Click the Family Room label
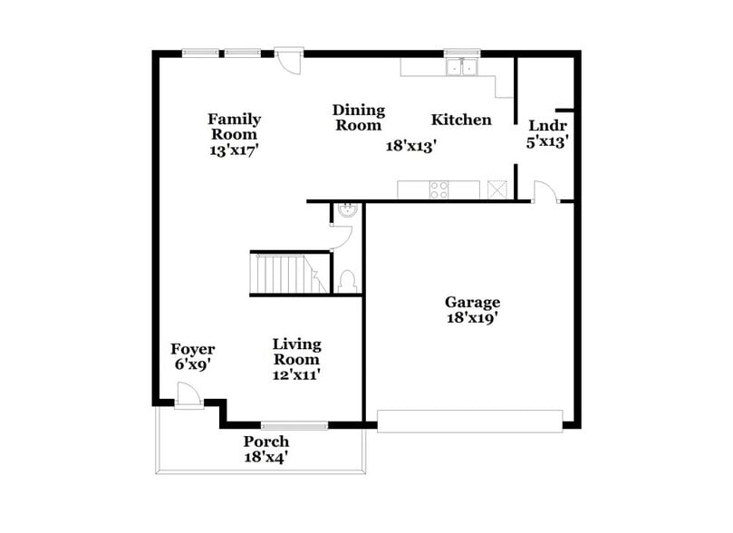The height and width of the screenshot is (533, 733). click(x=235, y=127)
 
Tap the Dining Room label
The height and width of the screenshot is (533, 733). click(x=358, y=118)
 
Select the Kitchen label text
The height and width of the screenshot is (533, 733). click(x=461, y=120)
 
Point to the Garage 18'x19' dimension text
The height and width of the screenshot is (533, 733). click(x=471, y=318)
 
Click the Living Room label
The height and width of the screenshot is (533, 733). click(x=297, y=352)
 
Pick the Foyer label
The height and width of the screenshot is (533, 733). click(x=193, y=350)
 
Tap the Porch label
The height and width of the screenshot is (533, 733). click(x=266, y=441)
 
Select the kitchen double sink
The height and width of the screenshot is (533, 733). click(x=463, y=67)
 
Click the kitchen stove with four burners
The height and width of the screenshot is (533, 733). click(x=439, y=189)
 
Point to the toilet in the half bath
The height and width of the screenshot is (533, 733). click(x=347, y=282)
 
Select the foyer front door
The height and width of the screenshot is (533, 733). click(x=190, y=396)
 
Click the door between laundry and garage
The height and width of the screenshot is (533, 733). click(x=543, y=192)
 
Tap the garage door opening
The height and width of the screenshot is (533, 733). click(x=469, y=421)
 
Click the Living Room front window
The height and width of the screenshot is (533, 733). click(x=294, y=424)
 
